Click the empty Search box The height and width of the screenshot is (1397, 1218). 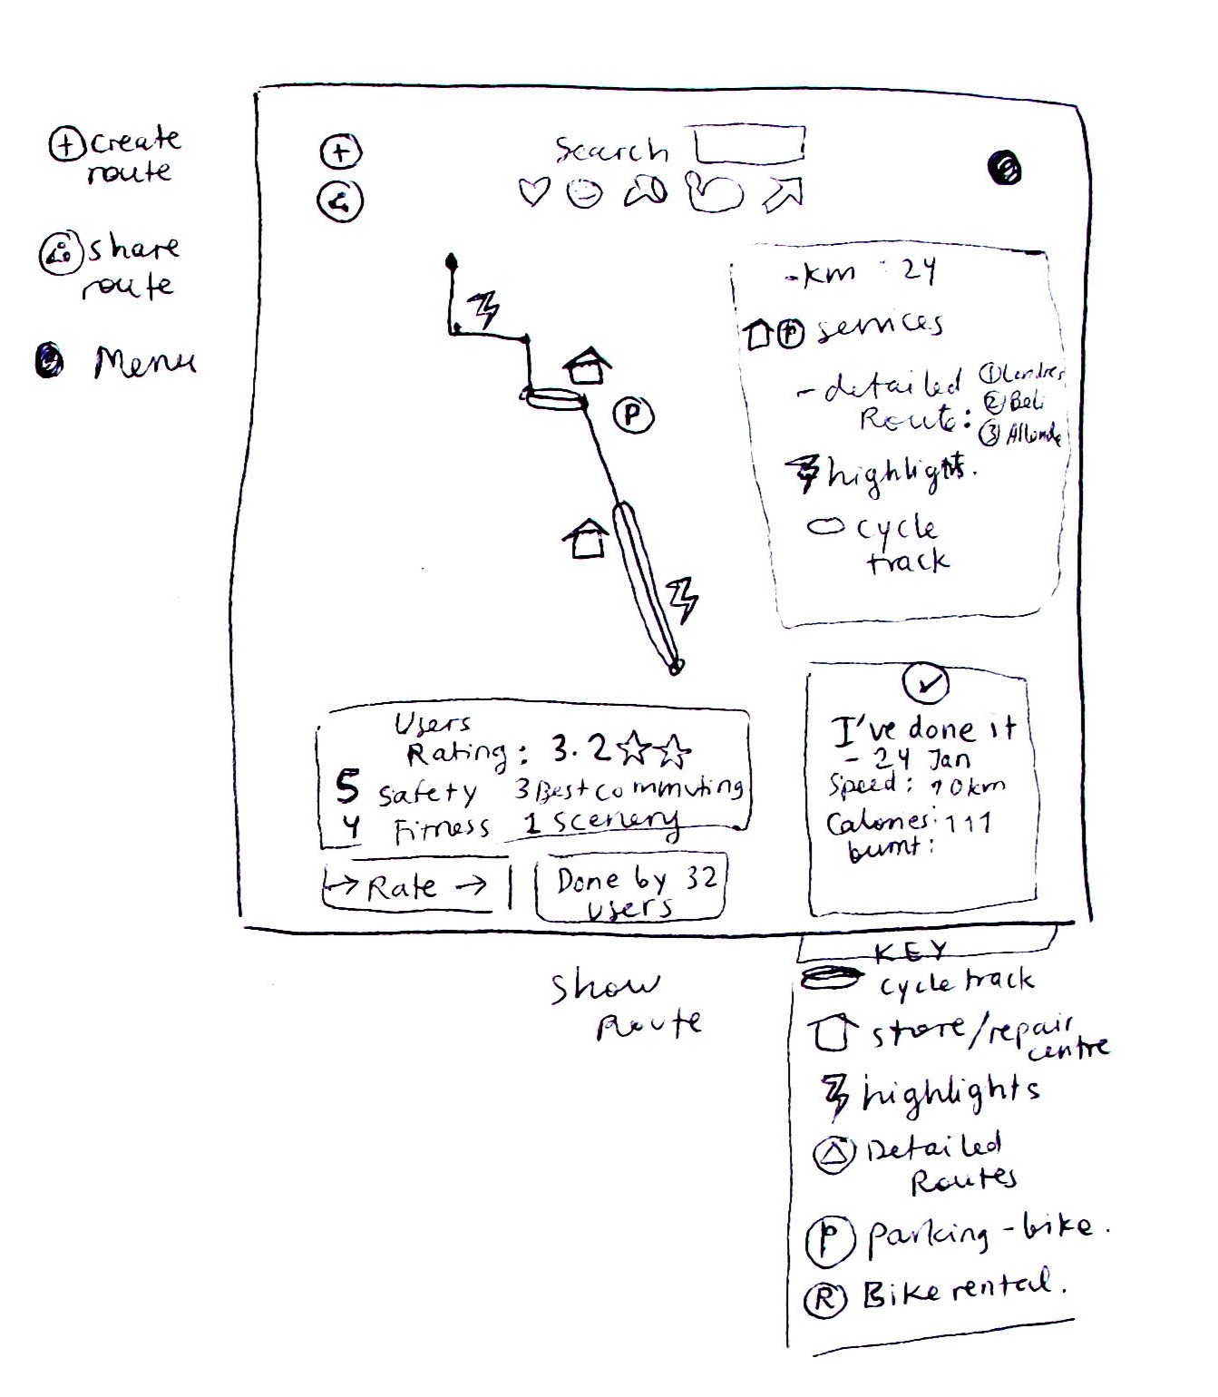[749, 144]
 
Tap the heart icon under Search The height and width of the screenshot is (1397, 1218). [533, 191]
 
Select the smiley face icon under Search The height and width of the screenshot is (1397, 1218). [583, 192]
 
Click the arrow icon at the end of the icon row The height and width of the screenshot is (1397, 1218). [784, 192]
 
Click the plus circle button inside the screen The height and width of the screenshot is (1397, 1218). [340, 151]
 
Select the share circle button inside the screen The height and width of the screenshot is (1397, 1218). [339, 201]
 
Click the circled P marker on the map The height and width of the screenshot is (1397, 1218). [633, 415]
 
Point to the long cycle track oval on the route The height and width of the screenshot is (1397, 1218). [646, 585]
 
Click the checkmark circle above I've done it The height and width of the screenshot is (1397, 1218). [926, 684]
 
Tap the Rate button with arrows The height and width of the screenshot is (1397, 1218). [406, 885]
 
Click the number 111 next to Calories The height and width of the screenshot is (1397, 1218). [968, 823]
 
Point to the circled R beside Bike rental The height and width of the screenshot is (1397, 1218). [825, 1298]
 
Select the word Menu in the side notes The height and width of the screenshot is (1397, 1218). [144, 363]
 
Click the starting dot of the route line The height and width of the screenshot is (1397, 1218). [451, 262]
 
